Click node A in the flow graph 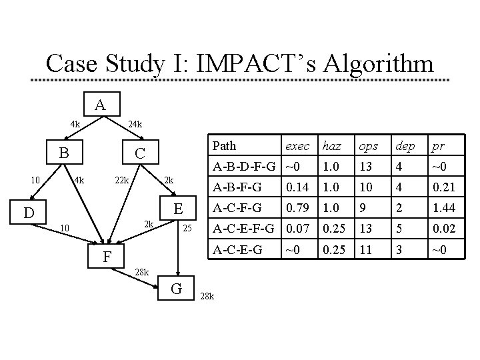tap(100, 105)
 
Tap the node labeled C tap(139, 153)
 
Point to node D tap(27, 213)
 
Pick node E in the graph tap(178, 209)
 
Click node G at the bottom tap(177, 288)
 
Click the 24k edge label tap(135, 124)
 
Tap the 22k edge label tap(122, 181)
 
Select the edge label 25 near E tap(187, 229)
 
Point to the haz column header tap(331, 146)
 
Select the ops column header tap(367, 146)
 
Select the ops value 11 tap(365, 252)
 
